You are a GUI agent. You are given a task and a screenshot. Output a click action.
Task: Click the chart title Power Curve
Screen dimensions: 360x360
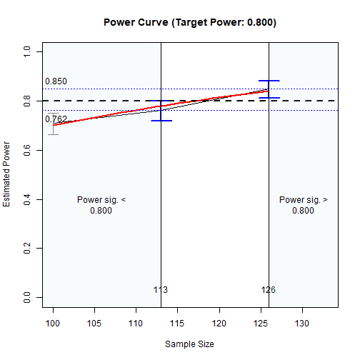189,22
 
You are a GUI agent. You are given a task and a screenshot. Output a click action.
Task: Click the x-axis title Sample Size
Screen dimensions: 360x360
189,344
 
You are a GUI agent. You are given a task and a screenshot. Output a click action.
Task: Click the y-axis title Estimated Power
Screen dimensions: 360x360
7,174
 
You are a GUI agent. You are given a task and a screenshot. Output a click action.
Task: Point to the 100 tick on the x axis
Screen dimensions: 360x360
53,324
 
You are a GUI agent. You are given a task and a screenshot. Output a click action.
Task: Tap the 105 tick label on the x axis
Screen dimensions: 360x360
94,324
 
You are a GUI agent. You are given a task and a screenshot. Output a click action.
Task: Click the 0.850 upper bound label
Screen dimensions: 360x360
56,82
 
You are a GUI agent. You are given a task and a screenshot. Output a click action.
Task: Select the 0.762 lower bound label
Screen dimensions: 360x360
56,119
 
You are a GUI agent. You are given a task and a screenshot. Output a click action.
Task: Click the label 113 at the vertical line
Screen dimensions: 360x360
161,290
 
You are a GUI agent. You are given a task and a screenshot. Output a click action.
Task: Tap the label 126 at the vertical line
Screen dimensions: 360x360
269,290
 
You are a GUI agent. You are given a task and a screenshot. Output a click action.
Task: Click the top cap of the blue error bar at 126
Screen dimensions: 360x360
269,81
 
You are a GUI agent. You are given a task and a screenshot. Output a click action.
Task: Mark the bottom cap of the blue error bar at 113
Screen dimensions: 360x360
161,121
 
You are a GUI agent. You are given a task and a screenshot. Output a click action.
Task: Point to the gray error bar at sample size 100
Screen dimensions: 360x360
53,126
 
